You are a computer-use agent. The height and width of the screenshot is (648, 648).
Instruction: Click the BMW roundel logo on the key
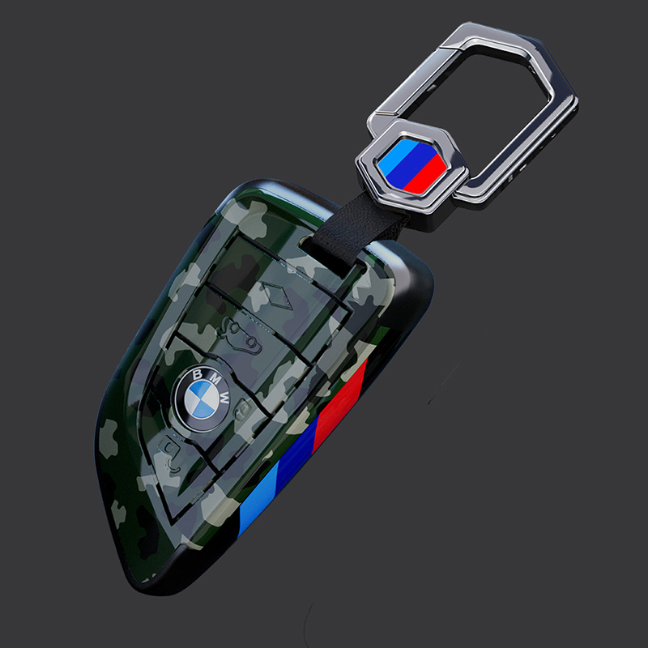tap(202, 399)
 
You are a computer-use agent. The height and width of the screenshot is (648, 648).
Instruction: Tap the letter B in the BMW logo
tap(198, 374)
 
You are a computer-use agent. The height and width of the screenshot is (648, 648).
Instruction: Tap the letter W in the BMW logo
tap(224, 398)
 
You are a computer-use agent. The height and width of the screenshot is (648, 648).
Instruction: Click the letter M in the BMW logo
tap(215, 378)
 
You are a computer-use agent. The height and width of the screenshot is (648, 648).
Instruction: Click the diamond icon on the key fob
tap(277, 295)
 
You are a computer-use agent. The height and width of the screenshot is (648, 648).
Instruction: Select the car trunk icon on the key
tap(239, 335)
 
